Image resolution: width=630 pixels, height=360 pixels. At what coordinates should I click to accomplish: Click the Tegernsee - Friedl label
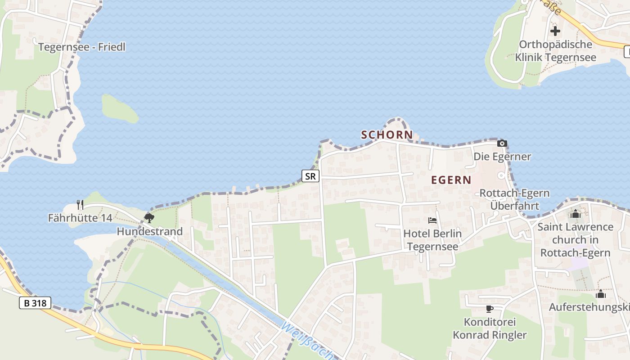[x=81, y=47]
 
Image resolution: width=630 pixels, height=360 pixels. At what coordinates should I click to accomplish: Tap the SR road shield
[x=310, y=176]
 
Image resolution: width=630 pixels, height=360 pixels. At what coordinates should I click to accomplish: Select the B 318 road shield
[x=35, y=303]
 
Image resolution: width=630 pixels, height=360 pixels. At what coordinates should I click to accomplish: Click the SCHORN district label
[x=387, y=135]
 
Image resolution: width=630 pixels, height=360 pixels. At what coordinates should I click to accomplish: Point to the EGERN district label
[x=451, y=180]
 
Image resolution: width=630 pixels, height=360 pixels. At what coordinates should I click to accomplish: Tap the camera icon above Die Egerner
[x=502, y=144]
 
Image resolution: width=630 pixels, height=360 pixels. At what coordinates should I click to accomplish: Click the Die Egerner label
[x=502, y=157]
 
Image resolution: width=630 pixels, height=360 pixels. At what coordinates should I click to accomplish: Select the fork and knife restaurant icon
[x=80, y=205]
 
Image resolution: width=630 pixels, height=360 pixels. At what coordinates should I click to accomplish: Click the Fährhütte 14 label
[x=80, y=218]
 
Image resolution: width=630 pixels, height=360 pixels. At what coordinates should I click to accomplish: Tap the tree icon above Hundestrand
[x=149, y=218]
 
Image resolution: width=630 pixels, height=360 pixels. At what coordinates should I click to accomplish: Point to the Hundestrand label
[x=149, y=232]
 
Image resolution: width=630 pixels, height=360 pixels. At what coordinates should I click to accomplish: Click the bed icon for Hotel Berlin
[x=432, y=220]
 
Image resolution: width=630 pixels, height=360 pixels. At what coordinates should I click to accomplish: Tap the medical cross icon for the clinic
[x=555, y=31]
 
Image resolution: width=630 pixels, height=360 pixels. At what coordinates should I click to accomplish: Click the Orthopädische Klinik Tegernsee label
[x=555, y=51]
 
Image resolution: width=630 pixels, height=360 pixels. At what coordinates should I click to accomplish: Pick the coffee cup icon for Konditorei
[x=490, y=309]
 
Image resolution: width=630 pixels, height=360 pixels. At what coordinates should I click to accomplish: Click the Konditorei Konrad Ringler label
[x=490, y=328]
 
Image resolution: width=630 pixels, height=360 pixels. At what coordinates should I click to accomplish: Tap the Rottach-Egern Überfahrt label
[x=514, y=199]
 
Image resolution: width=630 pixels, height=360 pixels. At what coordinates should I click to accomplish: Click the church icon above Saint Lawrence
[x=576, y=214]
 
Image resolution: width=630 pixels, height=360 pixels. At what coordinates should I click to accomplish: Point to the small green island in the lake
[x=119, y=108]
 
